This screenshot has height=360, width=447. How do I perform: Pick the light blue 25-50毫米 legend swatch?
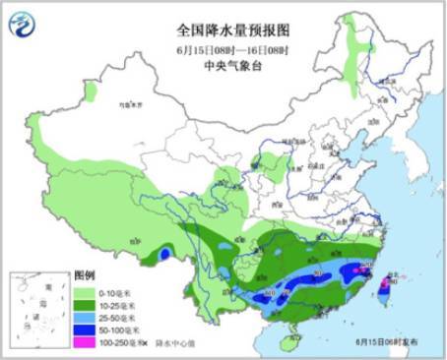click(x=85, y=319)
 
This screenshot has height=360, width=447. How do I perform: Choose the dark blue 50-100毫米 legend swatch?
click(x=85, y=331)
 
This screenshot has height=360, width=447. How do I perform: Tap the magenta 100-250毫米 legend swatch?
click(x=85, y=345)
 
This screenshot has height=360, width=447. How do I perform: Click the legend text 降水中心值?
click(x=161, y=345)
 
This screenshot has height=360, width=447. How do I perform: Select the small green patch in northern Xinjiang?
click(x=91, y=91)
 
